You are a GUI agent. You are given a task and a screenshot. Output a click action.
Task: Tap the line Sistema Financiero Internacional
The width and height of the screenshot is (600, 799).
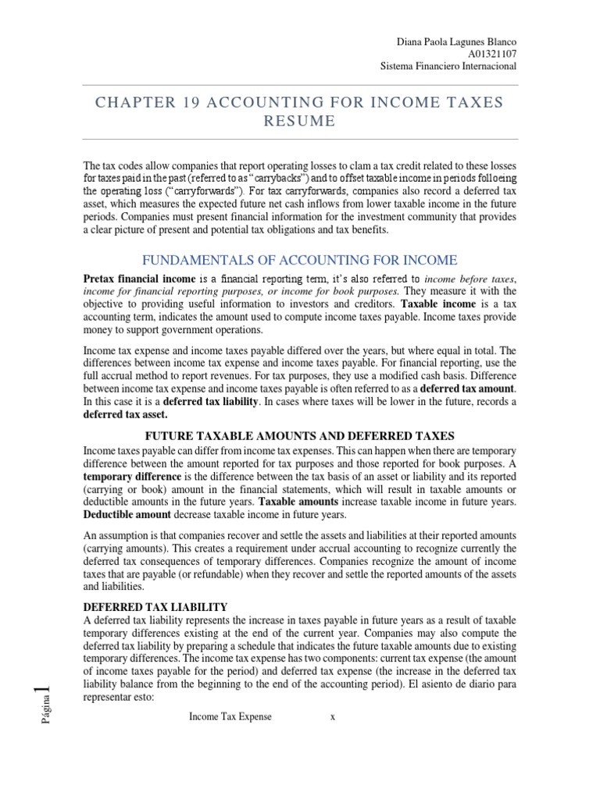pyautogui.click(x=448, y=66)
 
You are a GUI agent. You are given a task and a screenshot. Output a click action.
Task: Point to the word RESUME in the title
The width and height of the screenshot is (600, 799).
pyautogui.click(x=299, y=121)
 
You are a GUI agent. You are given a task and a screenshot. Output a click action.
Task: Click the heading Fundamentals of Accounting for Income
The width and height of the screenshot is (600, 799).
pyautogui.click(x=299, y=260)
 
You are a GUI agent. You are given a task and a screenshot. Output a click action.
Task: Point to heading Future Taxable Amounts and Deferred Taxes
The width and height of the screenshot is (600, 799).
pyautogui.click(x=299, y=435)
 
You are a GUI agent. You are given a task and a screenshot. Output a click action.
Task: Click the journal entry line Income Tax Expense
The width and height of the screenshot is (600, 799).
pyautogui.click(x=230, y=717)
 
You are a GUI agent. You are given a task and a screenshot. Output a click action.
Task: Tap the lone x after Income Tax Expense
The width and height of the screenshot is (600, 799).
pyautogui.click(x=332, y=717)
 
